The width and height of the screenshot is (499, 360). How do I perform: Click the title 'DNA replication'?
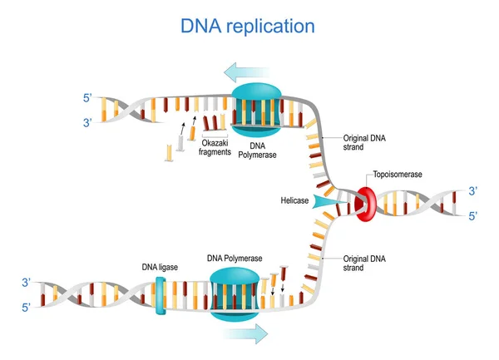[x=248, y=26]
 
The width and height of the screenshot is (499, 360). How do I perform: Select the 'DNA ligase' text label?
[x=160, y=268]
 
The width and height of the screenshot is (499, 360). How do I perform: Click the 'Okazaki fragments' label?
[x=215, y=148]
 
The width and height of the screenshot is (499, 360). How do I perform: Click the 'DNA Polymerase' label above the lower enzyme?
[x=235, y=259]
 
